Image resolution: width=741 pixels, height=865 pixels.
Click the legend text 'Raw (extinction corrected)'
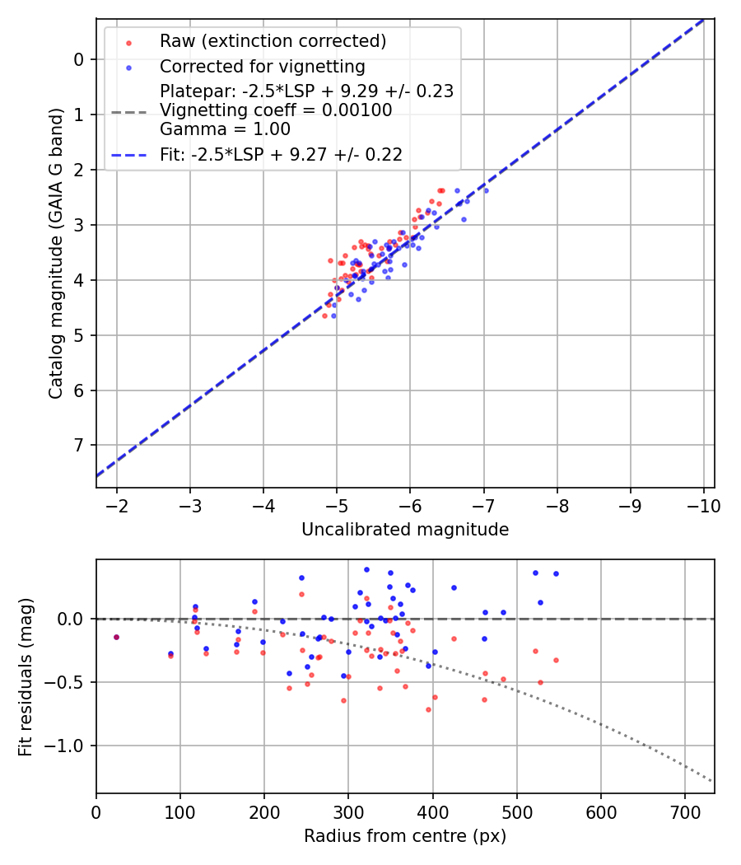tap(273, 41)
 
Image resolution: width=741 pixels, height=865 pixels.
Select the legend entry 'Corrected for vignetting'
tap(262, 66)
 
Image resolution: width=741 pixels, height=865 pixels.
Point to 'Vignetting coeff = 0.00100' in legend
tap(276, 110)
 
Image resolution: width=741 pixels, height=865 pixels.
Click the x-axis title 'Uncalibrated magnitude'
tap(405, 530)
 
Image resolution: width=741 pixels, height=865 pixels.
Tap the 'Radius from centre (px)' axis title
tap(405, 836)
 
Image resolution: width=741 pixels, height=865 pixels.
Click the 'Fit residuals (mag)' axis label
tap(26, 677)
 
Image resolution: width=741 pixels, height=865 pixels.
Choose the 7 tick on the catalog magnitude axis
tap(78, 445)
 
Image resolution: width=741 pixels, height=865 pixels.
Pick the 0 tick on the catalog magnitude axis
tap(78, 59)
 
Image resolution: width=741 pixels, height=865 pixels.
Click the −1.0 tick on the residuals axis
tap(68, 746)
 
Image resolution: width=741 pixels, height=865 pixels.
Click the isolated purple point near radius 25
tap(116, 637)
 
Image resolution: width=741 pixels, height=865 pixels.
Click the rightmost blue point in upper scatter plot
tap(486, 190)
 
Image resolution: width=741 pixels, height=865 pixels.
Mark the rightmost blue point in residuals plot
tap(556, 573)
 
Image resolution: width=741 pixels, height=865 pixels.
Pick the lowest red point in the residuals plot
tap(428, 709)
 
